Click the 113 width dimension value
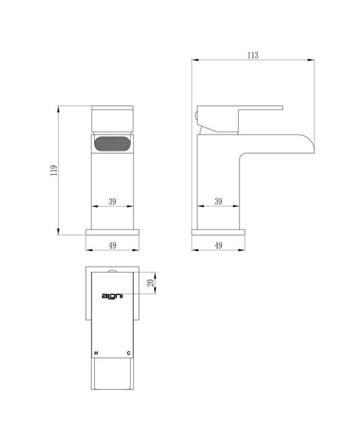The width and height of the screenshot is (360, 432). coord(252,55)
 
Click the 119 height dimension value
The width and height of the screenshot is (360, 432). coord(54,170)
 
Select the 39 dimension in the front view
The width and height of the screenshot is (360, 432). coord(112,201)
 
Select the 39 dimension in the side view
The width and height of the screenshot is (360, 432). coord(218,201)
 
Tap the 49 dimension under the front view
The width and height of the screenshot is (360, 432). coord(112,245)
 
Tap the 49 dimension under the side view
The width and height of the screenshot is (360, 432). coord(218,245)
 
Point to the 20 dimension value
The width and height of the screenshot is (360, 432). coord(150,283)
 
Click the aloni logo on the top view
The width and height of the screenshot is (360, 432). coord(112,296)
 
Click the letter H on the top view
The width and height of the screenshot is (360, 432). coord(96,353)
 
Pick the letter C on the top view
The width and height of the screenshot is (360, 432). coord(129,353)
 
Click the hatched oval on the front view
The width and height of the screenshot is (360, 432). coord(112,144)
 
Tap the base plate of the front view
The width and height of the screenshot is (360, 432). coord(112,232)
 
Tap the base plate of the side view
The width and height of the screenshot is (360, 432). coord(218,232)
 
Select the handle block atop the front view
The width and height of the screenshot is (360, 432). coord(112,118)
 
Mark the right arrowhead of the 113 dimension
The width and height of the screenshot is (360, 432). coord(311,60)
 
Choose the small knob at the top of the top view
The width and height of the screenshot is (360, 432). coord(112,271)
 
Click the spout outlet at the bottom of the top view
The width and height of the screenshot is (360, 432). coord(112,375)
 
